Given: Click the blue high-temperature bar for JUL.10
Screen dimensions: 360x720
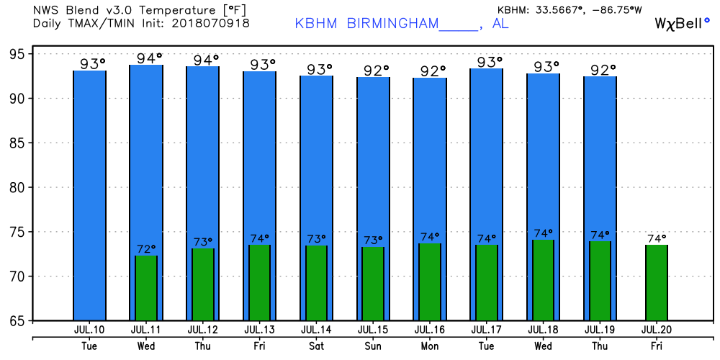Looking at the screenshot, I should pos(89,194).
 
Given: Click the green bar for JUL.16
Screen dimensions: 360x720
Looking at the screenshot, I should pos(430,282).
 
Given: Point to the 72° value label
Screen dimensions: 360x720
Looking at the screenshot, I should pos(147,249).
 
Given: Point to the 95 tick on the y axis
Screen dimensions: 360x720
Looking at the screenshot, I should pos(16,55).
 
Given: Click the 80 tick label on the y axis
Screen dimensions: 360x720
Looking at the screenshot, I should pos(16,188).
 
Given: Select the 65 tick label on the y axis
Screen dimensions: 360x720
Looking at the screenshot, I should pos(16,321).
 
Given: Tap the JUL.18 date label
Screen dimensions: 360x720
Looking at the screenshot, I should pos(544,330).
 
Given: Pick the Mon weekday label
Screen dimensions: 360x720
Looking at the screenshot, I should pos(430,345).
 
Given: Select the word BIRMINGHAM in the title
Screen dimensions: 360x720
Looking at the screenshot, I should pos(392,23).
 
